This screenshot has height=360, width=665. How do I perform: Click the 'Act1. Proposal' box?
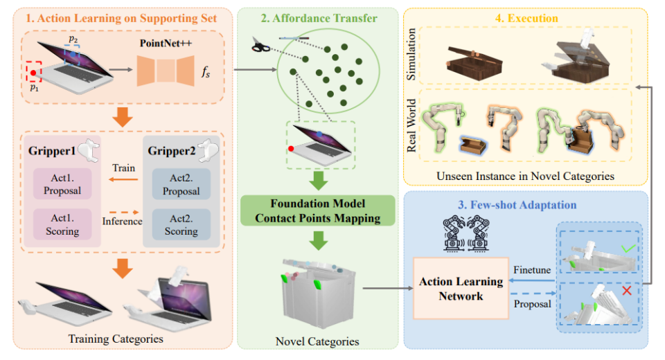pos(62,184)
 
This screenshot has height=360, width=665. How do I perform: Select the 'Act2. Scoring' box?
pos(181,225)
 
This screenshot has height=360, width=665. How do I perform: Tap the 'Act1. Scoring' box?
pos(62,225)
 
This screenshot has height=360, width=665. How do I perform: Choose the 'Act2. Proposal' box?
pos(181,184)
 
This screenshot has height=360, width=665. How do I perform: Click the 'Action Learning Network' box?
pos(461,288)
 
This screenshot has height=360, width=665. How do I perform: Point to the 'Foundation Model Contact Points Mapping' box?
pos(318,210)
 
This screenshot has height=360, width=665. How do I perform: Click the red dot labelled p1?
pos(33,73)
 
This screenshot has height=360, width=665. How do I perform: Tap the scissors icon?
pos(260,44)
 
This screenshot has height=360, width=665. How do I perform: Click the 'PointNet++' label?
pos(166,43)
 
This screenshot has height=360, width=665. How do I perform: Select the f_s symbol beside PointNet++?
pos(206,72)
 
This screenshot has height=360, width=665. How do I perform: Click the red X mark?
pos(627,291)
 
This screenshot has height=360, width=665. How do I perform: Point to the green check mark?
pos(628,248)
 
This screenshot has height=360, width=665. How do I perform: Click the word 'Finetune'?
pos(532,270)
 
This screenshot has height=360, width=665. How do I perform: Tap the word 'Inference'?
pos(122,222)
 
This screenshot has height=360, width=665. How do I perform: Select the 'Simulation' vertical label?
pos(411,54)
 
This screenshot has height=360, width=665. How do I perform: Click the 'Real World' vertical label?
pos(411,125)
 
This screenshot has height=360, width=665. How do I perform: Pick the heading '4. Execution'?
pos(526,18)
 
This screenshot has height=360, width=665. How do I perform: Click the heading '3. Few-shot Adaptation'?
pos(517,205)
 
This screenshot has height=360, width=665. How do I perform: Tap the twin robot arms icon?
pos(466,233)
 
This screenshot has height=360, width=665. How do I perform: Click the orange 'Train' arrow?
pos(123,179)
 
